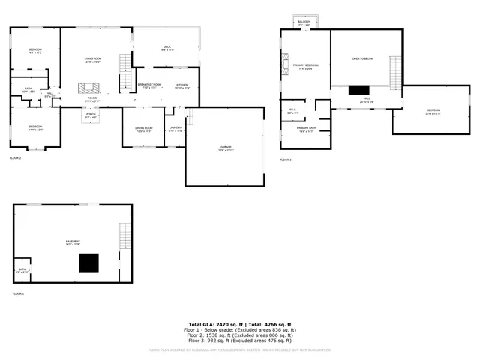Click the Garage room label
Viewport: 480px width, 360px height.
tap(226, 148)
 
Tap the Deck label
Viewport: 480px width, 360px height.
tap(167, 49)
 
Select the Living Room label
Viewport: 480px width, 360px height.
tap(92, 60)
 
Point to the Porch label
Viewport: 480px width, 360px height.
tap(90, 116)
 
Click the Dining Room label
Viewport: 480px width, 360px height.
tap(143, 130)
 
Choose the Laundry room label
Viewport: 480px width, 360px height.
tap(175, 130)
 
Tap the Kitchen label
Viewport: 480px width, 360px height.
tap(181, 86)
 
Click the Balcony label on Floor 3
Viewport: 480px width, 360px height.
tap(304, 23)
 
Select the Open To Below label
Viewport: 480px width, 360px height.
tap(363, 58)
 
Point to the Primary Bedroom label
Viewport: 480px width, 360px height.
tap(306, 67)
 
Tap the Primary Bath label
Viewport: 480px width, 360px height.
tap(306, 130)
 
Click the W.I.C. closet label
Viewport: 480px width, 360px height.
tap(293, 112)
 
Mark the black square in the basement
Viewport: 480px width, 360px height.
tap(90, 262)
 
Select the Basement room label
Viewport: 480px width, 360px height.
tap(72, 241)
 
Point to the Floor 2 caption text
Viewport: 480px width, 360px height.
tap(15, 158)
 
